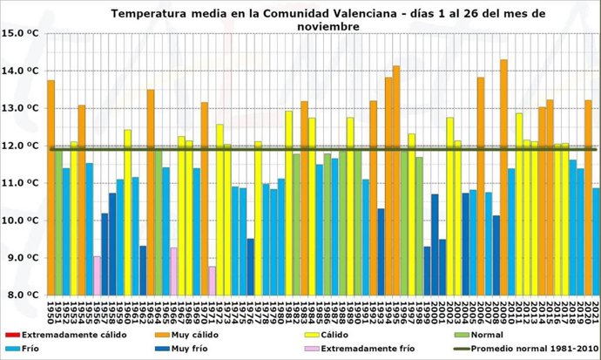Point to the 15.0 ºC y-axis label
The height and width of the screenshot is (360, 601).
coord(22,33)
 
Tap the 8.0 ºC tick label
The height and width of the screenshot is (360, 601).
coord(22,295)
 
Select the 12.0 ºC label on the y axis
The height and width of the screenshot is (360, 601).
coord(22,146)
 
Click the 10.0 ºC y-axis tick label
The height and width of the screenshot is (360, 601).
coord(22,221)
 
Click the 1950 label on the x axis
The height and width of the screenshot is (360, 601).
coord(51,309)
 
